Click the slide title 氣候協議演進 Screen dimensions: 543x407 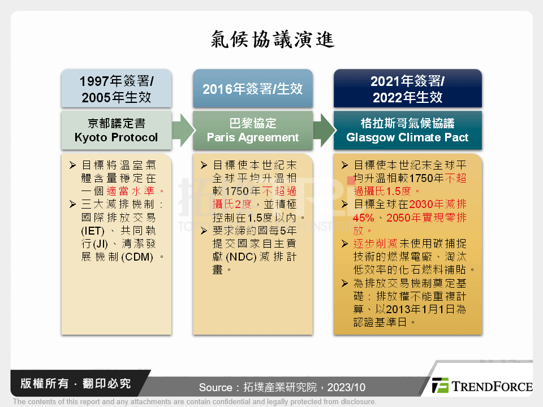pyautogui.click(x=273, y=39)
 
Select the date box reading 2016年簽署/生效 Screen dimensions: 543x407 pyautogui.click(x=253, y=88)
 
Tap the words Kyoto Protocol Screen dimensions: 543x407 pyautogui.click(x=116, y=137)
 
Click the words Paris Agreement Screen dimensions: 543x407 pyautogui.click(x=253, y=137)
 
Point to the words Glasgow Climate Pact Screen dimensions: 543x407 pyautogui.click(x=407, y=137)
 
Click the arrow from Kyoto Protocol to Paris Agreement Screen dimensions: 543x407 pyautogui.click(x=183, y=131)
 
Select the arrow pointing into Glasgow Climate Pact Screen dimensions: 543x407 pyautogui.click(x=325, y=131)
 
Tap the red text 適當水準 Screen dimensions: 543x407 pyautogui.click(x=131, y=191)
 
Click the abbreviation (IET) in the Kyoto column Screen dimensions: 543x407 pyautogui.click(x=93, y=231)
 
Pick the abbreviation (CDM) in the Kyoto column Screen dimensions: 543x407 pyautogui.click(x=137, y=257)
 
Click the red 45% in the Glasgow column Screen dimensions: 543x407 pyautogui.click(x=364, y=218)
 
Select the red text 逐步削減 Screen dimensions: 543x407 pyautogui.click(x=376, y=244)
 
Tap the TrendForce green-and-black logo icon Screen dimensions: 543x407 pyautogui.click(x=441, y=385)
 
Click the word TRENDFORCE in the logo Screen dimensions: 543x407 pyautogui.click(x=492, y=386)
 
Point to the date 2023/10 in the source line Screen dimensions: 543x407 pyautogui.click(x=346, y=387)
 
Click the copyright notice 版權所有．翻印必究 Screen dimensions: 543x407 pyautogui.click(x=75, y=383)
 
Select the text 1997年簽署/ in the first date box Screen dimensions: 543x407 pyautogui.click(x=117, y=81)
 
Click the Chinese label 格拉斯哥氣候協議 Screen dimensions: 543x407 pyautogui.click(x=407, y=123)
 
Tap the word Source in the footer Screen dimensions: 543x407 pyautogui.click(x=216, y=387)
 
